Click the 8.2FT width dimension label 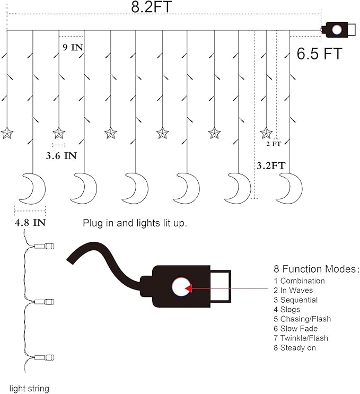(152, 6)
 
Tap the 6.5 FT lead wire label (320, 53)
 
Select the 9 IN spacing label (73, 47)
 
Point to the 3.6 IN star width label (62, 156)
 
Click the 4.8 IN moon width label (30, 223)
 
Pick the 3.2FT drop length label (271, 165)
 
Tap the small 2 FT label (274, 144)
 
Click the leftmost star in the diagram (7, 133)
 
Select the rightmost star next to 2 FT (266, 133)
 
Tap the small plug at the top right (338, 30)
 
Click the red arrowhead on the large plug (188, 288)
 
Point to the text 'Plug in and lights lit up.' (135, 223)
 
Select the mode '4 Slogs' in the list (287, 310)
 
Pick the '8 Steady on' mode (294, 348)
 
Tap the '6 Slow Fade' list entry (295, 329)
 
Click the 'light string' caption (29, 389)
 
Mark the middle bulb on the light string (44, 302)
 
